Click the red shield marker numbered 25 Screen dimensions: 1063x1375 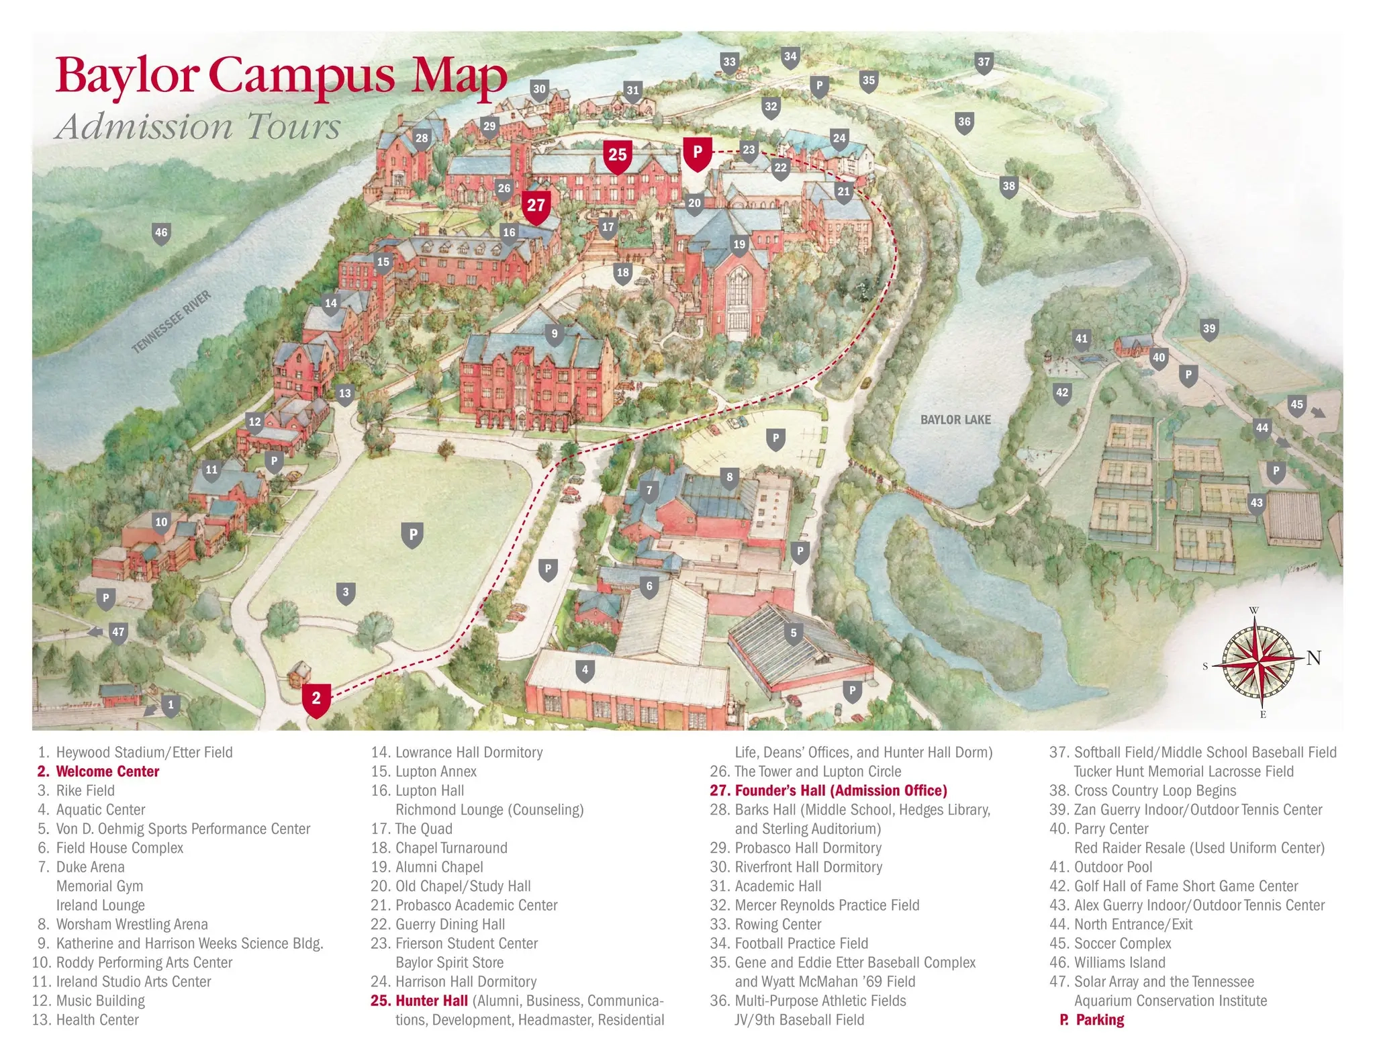point(617,156)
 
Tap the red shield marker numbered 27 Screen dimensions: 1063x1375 point(536,205)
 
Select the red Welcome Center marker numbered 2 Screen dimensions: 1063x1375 point(316,699)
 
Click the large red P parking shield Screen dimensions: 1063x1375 point(698,152)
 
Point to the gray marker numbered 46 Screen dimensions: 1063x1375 point(161,233)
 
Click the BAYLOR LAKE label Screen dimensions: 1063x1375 point(955,420)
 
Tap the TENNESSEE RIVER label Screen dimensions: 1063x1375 point(171,322)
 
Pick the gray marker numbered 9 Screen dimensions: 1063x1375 point(554,334)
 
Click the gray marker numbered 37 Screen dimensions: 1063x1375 point(984,62)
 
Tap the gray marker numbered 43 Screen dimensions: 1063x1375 point(1256,503)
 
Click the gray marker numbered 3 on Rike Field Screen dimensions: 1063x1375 point(346,592)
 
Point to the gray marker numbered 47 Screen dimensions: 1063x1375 point(118,633)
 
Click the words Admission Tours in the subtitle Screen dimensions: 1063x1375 point(199,126)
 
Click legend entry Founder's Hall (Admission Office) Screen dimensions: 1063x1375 point(828,790)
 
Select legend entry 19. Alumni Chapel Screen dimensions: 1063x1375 point(427,867)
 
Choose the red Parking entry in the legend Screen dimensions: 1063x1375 point(1092,1019)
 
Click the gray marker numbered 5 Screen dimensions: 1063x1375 point(794,633)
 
